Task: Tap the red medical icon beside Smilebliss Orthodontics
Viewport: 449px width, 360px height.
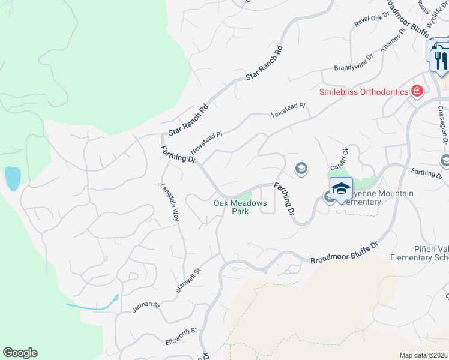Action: pyautogui.click(x=417, y=91)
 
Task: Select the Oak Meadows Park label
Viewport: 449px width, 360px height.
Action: pyautogui.click(x=240, y=207)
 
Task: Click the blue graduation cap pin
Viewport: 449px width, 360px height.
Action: pyautogui.click(x=341, y=188)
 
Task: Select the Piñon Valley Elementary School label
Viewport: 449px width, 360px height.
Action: pyautogui.click(x=420, y=253)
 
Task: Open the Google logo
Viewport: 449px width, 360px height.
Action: pyautogui.click(x=20, y=353)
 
